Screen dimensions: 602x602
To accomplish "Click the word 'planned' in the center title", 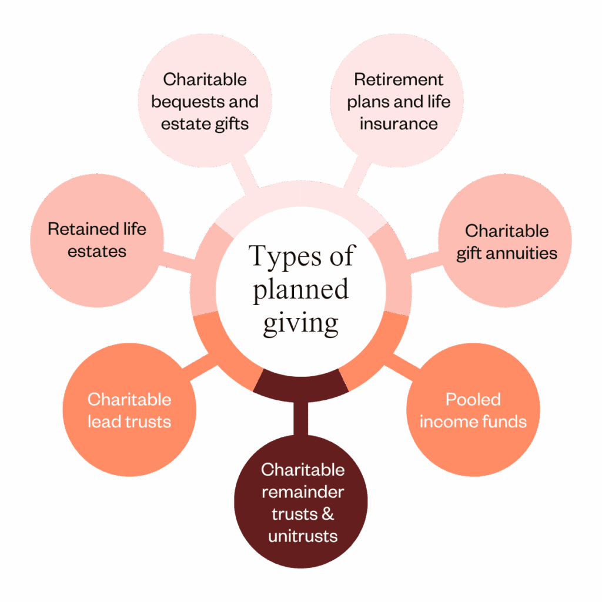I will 300,290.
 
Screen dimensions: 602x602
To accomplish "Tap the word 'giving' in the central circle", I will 300,323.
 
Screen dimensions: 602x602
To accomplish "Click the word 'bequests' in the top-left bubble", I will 178,102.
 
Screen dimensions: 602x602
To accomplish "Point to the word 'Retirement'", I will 399,79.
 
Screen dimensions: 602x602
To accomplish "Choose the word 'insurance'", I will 399,124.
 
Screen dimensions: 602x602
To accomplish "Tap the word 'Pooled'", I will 473,400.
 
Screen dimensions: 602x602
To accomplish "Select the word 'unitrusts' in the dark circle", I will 303,536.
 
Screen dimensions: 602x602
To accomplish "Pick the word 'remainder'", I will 303,492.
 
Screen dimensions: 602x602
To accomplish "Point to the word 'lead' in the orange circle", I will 103,422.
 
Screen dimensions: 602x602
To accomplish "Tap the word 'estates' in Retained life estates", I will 97,251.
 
